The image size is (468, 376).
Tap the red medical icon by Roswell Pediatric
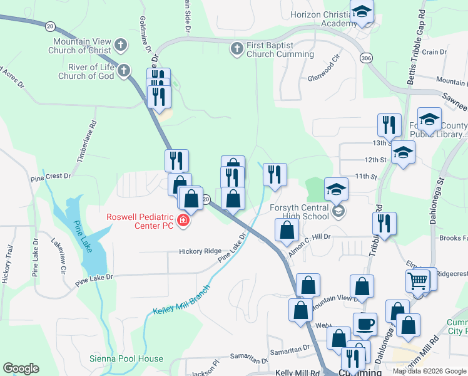pyautogui.click(x=183, y=220)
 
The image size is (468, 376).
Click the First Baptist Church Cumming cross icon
pyautogui.click(x=237, y=48)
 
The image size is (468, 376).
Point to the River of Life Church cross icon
pyautogui.click(x=124, y=70)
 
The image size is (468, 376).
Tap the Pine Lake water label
pyautogui.click(x=83, y=236)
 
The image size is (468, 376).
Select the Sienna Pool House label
pyautogui.click(x=135, y=359)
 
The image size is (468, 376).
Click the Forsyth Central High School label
pyautogui.click(x=300, y=212)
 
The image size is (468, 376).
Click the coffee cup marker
pyautogui.click(x=365, y=324)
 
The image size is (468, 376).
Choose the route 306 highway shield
pyautogui.click(x=366, y=58)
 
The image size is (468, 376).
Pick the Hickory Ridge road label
pyautogui.click(x=200, y=251)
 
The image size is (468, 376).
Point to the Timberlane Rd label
pyautogui.click(x=86, y=142)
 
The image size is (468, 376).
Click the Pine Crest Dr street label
pyautogui.click(x=51, y=177)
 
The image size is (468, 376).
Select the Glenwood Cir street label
pyautogui.click(x=323, y=69)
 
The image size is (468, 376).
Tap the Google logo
pyautogui.click(x=21, y=368)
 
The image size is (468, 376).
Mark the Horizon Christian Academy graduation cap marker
pyautogui.click(x=362, y=11)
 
